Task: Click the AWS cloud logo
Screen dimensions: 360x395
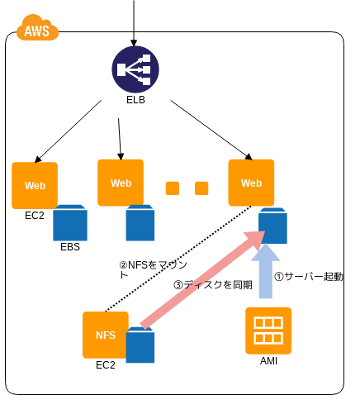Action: pos(37,28)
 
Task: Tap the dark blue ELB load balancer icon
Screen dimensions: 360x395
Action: pos(135,69)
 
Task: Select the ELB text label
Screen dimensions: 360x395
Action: pos(135,100)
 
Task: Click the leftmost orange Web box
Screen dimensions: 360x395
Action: pos(35,185)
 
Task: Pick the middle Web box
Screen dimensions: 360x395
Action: pos(121,183)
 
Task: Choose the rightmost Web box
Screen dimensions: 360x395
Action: pos(251,183)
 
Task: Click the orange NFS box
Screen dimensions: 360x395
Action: pos(106,335)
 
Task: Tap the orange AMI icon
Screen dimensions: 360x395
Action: pos(268,331)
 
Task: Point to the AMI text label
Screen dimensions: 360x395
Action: pos(268,361)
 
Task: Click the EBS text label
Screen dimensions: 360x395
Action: pos(70,247)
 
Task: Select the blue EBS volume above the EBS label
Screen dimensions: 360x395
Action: pos(70,222)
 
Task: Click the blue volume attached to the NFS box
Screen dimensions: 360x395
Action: pos(140,345)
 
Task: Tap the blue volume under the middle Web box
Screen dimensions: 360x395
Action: pos(140,222)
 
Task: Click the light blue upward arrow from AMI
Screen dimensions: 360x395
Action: pos(266,271)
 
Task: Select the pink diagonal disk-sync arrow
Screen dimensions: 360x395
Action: pos(202,279)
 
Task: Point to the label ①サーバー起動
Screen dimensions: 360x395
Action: pos(309,277)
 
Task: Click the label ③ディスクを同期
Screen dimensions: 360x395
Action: pos(213,285)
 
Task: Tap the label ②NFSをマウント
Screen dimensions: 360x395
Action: pos(153,269)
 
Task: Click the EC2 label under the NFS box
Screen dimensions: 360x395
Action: pos(106,365)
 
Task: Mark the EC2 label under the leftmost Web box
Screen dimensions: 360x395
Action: pos(35,216)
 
